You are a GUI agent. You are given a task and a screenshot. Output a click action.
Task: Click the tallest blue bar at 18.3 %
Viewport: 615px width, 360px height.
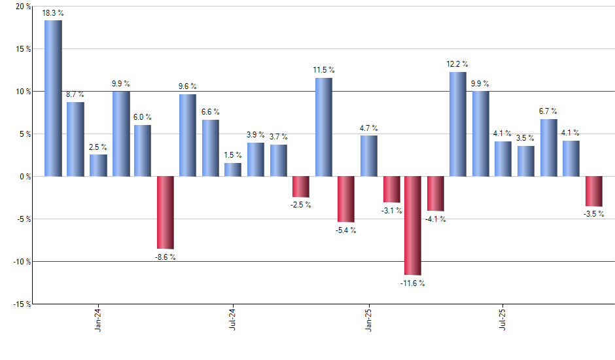(x=53, y=98)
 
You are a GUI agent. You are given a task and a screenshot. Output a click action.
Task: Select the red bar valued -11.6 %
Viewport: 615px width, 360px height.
(x=413, y=225)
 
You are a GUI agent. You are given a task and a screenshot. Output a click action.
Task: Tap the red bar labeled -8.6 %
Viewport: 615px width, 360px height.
(x=165, y=212)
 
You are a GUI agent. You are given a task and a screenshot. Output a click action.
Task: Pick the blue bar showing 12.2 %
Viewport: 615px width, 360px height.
(x=458, y=124)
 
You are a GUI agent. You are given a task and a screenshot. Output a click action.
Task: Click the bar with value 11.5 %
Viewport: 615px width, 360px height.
(x=323, y=127)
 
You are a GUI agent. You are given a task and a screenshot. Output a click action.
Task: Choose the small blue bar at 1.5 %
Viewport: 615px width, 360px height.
(x=233, y=170)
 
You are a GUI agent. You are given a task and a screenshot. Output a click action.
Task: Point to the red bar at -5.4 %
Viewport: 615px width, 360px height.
(x=345, y=199)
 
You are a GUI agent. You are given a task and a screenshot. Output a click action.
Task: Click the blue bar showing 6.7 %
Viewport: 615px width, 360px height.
(x=548, y=148)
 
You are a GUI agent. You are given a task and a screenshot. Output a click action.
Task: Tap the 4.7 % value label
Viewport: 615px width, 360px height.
(x=368, y=128)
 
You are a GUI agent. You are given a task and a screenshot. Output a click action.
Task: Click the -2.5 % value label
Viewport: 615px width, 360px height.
(x=301, y=205)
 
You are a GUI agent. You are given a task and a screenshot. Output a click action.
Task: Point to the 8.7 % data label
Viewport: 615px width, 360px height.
(x=75, y=95)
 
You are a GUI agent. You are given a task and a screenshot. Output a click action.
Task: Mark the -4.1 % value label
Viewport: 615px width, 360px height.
(x=436, y=219)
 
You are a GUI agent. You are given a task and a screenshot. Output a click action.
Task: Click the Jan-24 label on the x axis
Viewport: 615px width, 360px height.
(x=98, y=320)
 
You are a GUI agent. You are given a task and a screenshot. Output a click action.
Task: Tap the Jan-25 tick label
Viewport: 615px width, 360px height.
(x=368, y=320)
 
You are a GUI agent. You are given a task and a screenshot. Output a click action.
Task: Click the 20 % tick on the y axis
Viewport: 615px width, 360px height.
(x=23, y=7)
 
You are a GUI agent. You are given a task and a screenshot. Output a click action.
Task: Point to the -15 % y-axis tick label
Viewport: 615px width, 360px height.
(x=21, y=304)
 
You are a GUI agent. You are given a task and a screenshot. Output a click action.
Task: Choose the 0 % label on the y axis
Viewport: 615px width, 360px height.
(x=25, y=176)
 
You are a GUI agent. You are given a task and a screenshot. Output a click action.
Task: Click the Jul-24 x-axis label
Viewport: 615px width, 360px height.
(x=233, y=320)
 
